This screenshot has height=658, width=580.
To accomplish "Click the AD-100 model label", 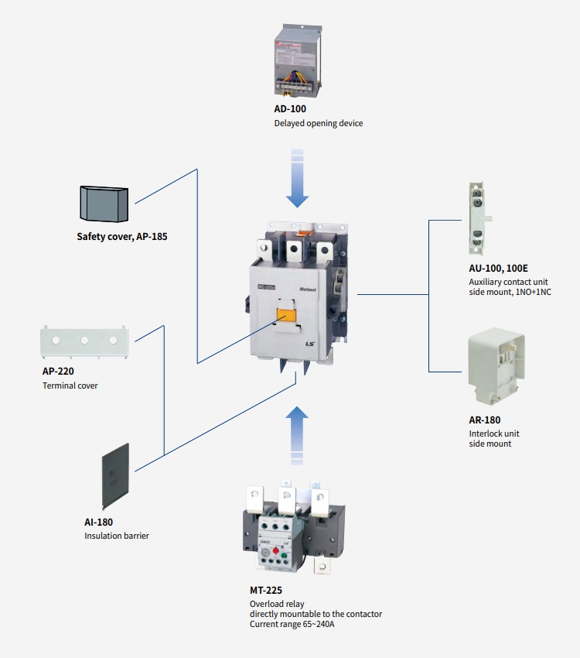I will pyautogui.click(x=290, y=109).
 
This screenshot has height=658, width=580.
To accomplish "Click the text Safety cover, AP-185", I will pyautogui.click(x=121, y=237).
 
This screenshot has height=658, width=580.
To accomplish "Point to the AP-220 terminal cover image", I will pyautogui.click(x=84, y=342).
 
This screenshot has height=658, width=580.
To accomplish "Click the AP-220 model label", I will pyautogui.click(x=59, y=371).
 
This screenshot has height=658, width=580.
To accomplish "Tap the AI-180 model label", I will pyautogui.click(x=98, y=522).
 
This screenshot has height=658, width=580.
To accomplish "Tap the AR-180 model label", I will pyautogui.click(x=484, y=420).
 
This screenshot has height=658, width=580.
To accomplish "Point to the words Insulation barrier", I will pyautogui.click(x=117, y=536).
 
